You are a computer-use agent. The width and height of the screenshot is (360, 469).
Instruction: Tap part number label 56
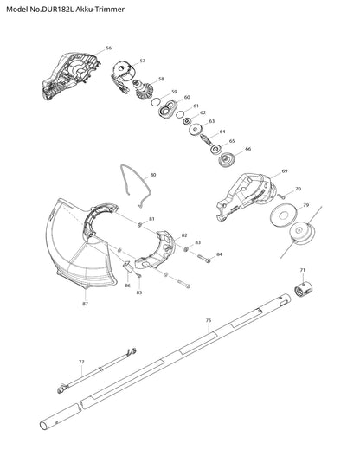(109, 48)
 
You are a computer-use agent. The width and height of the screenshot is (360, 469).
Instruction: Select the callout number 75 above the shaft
(209, 320)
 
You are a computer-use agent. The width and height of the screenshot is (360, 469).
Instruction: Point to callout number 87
(86, 304)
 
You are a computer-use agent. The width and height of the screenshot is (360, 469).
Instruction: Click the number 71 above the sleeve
(303, 270)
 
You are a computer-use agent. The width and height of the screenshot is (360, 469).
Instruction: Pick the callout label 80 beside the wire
(153, 175)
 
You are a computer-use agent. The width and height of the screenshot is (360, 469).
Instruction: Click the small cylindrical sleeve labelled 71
(303, 289)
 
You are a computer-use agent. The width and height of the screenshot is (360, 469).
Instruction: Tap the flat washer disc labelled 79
(283, 215)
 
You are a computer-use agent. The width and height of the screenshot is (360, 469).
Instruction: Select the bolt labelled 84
(204, 258)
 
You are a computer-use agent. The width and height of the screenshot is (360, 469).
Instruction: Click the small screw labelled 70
(281, 196)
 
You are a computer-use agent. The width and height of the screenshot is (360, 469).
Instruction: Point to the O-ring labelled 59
(156, 102)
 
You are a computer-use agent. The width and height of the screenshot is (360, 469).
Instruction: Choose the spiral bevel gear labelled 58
(143, 89)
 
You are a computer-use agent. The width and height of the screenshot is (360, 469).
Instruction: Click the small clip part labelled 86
(129, 266)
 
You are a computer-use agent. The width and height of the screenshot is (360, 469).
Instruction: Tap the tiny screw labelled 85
(138, 275)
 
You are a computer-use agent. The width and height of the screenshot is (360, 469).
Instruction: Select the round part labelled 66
(227, 160)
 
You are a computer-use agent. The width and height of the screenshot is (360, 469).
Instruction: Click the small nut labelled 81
(139, 225)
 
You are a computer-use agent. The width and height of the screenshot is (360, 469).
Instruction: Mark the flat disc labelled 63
(196, 129)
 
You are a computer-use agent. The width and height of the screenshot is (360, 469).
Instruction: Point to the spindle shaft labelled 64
(205, 139)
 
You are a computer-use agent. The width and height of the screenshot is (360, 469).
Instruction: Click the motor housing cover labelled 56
(71, 75)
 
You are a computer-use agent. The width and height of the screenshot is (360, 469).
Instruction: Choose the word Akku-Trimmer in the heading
(100, 10)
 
